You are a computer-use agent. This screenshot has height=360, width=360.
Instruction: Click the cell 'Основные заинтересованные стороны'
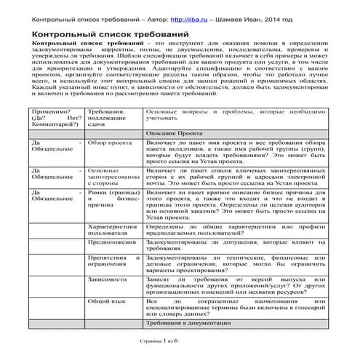[111, 177]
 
